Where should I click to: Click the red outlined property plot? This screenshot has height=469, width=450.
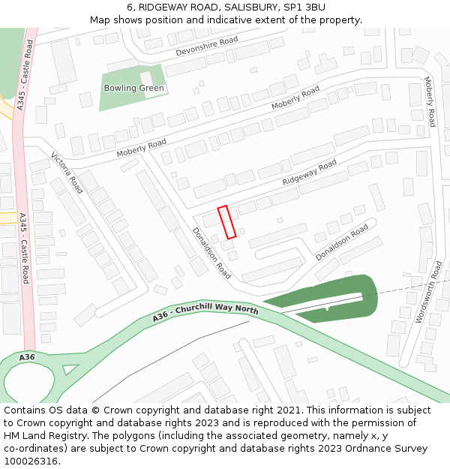(226, 221)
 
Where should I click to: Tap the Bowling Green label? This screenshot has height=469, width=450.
(133, 88)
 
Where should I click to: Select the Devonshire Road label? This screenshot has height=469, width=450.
(207, 47)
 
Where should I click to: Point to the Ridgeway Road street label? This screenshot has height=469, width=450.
(310, 173)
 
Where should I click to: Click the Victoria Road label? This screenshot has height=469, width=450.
(67, 173)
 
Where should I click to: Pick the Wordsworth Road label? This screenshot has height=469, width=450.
(434, 291)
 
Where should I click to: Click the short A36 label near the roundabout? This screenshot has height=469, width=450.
(27, 356)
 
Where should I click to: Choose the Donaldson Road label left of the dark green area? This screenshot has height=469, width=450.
(341, 242)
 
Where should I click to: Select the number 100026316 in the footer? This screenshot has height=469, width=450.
(30, 461)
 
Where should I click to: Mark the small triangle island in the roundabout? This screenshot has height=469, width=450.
(70, 369)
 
